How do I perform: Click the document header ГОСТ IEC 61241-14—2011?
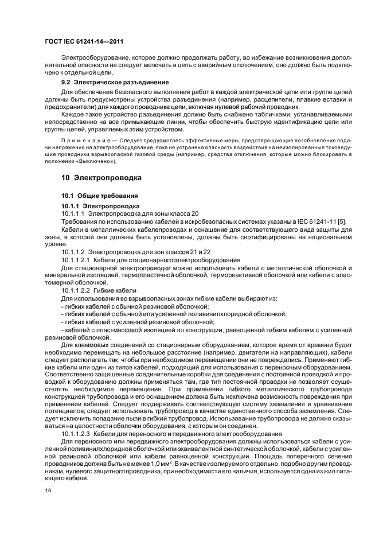(84, 42)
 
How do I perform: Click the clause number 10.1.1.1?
(73, 213)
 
